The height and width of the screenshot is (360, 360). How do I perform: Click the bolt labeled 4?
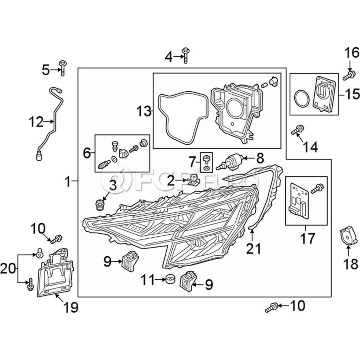click(185, 55)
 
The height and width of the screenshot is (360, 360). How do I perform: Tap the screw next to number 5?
click(62, 68)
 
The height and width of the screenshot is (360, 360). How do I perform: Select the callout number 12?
click(36, 122)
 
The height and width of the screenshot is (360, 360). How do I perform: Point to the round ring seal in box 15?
click(302, 98)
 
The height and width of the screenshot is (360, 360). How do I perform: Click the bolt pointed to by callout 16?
click(349, 76)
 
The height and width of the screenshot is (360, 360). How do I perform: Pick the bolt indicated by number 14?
click(297, 130)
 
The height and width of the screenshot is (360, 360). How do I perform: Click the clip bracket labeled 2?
click(193, 180)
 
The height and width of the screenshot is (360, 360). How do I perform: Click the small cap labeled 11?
click(170, 278)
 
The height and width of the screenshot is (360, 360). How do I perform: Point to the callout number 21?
click(254, 249)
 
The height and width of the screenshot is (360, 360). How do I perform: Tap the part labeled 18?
click(348, 236)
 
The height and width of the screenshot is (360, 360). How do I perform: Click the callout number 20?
click(8, 268)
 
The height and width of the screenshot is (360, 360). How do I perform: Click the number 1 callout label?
click(68, 182)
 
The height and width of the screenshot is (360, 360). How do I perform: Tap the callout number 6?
click(87, 153)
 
